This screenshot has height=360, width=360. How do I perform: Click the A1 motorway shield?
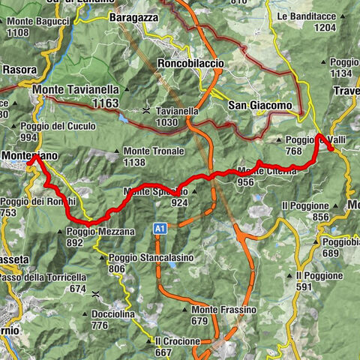pos(160,227)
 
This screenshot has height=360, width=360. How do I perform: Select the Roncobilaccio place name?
pos(190,64)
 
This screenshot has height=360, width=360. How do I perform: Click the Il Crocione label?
pos(178,340)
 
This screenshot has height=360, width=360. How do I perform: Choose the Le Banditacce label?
pos(309,16)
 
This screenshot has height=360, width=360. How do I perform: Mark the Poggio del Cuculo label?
pos(51,126)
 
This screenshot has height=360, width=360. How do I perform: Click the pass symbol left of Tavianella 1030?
pos(145,111)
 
